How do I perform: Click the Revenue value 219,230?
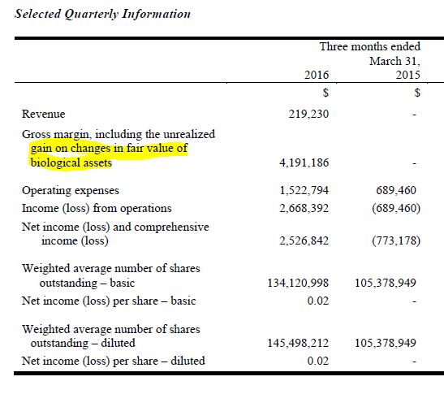coord(308,115)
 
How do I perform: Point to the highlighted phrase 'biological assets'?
coord(67,162)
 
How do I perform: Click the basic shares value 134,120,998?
coord(296,284)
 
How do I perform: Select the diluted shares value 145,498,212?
coord(296,344)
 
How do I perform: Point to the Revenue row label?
coord(44,115)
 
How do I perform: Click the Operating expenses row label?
coord(71,191)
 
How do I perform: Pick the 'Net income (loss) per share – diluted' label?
coord(114,360)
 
